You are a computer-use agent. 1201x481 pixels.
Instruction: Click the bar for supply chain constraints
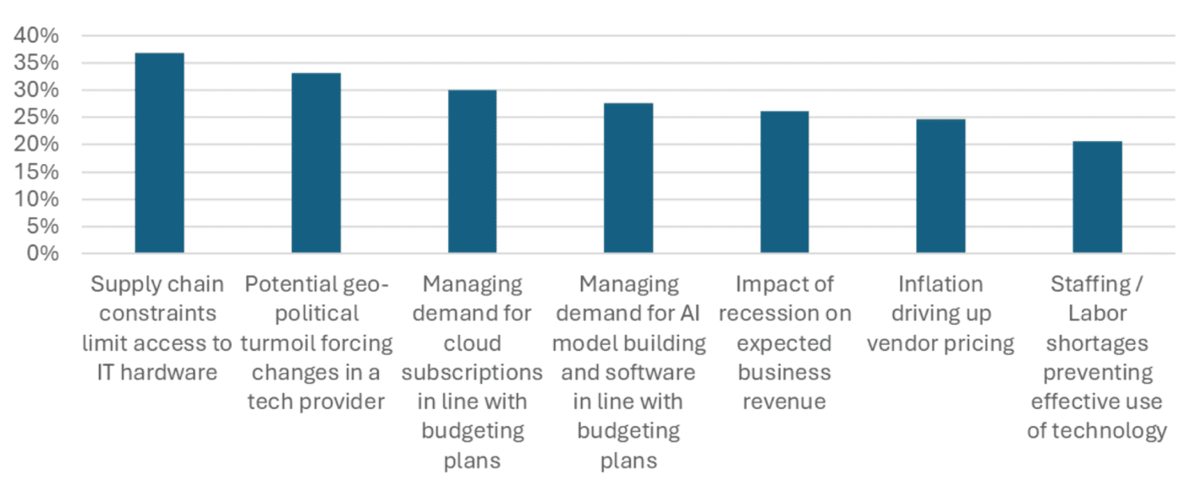point(159,153)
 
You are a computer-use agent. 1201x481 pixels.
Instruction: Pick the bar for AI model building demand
point(628,178)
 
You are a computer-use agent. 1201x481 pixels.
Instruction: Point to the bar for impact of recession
point(784,183)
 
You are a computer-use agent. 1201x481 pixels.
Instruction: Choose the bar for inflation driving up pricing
point(941,187)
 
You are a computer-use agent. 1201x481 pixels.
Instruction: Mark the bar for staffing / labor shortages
point(1097,198)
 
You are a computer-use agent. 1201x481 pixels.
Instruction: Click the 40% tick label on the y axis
point(36,36)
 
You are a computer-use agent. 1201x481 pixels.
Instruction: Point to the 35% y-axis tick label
point(36,63)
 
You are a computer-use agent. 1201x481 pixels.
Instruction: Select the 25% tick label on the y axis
point(36,118)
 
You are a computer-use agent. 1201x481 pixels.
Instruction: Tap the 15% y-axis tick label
point(36,172)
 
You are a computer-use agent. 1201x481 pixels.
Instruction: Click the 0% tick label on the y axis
point(41,254)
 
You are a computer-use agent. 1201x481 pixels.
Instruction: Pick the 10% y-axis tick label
point(36,200)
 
